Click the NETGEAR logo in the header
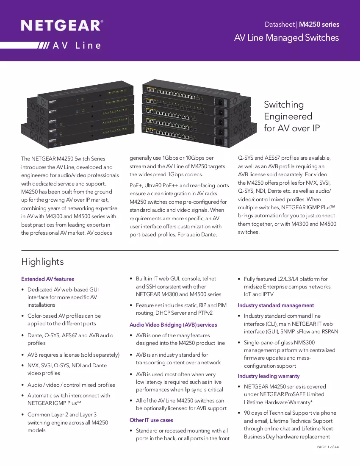pyautogui.click(x=62, y=25)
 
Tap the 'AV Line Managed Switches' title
pyautogui.click(x=286, y=37)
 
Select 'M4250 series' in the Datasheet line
pyautogui.click(x=319, y=25)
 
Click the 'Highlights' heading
pyautogui.click(x=42, y=262)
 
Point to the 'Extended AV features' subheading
pyautogui.click(x=47, y=279)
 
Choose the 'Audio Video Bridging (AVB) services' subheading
pyautogui.click(x=173, y=325)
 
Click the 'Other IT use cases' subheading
pyautogui.click(x=151, y=420)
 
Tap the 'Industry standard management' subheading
pyautogui.click(x=276, y=305)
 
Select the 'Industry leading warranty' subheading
pyautogui.click(x=269, y=376)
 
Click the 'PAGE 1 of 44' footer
pyautogui.click(x=328, y=447)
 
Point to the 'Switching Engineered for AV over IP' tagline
pyautogui.click(x=292, y=116)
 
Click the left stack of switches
pyautogui.click(x=77, y=114)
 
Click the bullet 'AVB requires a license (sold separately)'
pyautogui.click(x=73, y=355)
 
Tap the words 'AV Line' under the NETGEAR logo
pyautogui.click(x=77, y=45)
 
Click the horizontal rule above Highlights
pyautogui.click(x=180, y=250)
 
